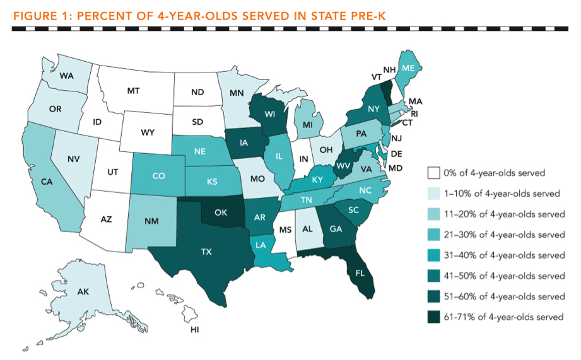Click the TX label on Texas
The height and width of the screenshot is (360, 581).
[206, 252]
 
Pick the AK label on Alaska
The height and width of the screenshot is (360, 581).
[83, 293]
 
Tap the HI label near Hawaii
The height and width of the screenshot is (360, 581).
[195, 329]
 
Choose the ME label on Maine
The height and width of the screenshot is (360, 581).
[408, 68]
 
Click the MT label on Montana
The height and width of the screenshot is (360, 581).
[133, 91]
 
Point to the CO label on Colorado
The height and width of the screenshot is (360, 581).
[158, 176]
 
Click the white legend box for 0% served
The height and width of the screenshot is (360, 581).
[432, 173]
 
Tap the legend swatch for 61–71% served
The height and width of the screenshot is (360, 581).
[432, 317]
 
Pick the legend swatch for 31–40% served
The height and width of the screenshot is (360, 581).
[432, 255]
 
